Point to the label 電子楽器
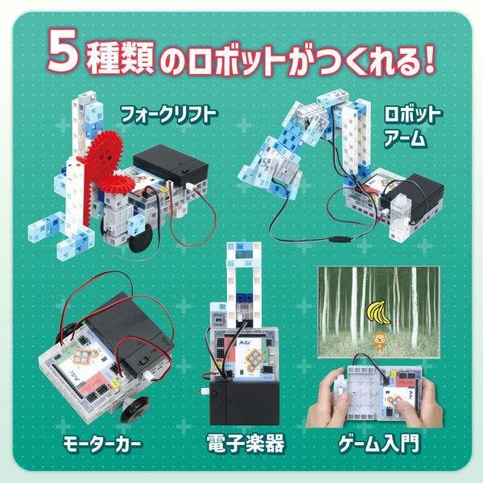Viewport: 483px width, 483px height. (245, 444)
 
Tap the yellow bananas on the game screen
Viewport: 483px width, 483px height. (376, 310)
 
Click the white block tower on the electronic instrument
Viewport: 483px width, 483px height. (245, 291)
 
